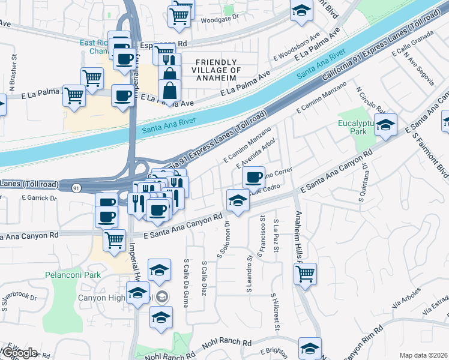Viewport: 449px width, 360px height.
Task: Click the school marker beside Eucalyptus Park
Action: coord(386,125)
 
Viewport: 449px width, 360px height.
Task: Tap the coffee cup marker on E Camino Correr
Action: coord(254,176)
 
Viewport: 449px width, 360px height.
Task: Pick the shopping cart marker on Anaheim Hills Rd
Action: coord(306,274)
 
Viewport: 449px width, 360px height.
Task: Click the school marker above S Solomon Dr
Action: coord(238,200)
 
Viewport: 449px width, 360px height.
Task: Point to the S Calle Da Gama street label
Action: coord(187,284)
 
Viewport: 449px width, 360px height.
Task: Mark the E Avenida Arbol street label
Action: coord(256,154)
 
